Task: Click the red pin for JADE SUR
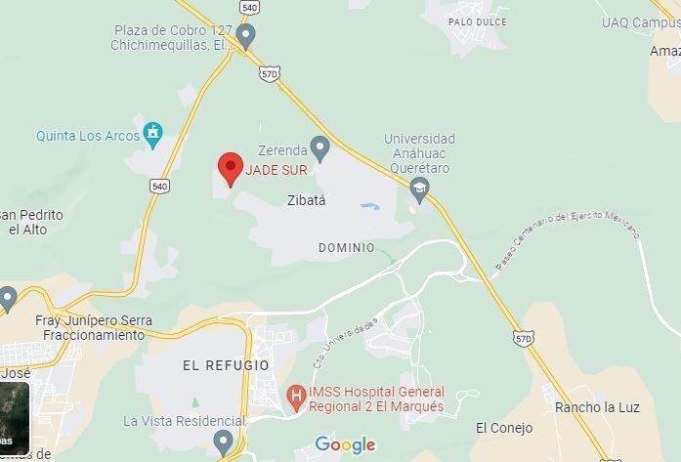pyautogui.click(x=230, y=168)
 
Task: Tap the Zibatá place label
pyautogui.click(x=306, y=200)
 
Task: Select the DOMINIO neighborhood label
pyautogui.click(x=346, y=248)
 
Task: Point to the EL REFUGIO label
pyautogui.click(x=226, y=365)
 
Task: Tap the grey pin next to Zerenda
pyautogui.click(x=319, y=148)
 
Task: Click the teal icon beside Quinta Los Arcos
pyautogui.click(x=152, y=132)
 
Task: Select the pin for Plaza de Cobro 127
pyautogui.click(x=246, y=37)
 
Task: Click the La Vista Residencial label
pyautogui.click(x=170, y=421)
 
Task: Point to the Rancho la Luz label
pyautogui.click(x=596, y=406)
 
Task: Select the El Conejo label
pyautogui.click(x=504, y=428)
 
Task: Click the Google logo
pyautogui.click(x=345, y=445)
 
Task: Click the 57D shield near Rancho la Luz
pyautogui.click(x=524, y=338)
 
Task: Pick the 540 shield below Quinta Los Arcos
pyautogui.click(x=160, y=186)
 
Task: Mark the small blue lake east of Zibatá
pyautogui.click(x=369, y=207)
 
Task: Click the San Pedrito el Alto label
pyautogui.click(x=30, y=222)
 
